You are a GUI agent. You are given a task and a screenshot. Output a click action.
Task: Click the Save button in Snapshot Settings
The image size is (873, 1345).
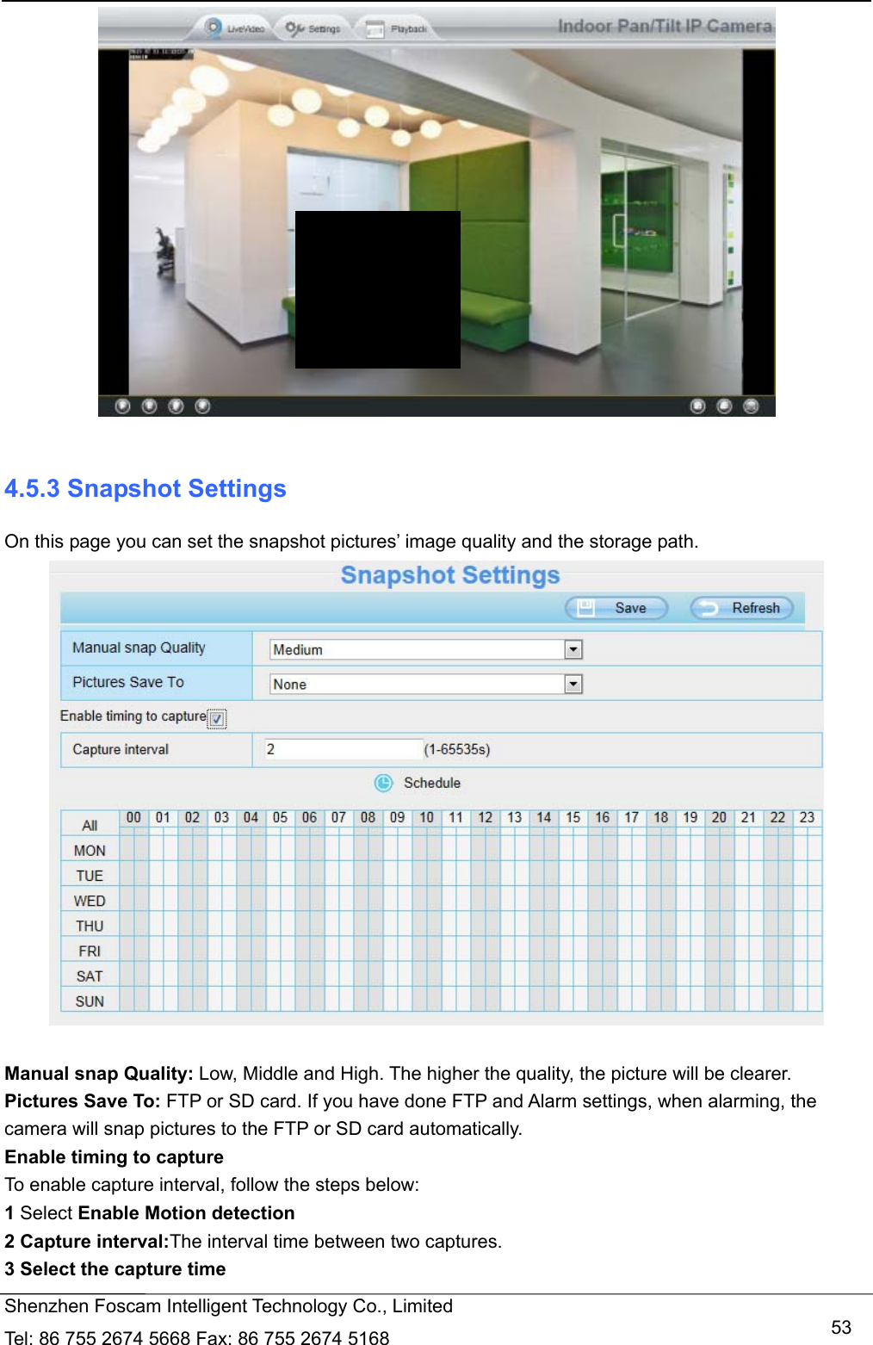click(616, 608)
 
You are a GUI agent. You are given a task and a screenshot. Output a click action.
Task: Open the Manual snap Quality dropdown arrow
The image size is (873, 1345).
click(573, 649)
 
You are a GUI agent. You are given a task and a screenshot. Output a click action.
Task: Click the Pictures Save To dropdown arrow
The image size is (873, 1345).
click(573, 684)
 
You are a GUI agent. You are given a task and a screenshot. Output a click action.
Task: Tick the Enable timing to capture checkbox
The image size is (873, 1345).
click(217, 719)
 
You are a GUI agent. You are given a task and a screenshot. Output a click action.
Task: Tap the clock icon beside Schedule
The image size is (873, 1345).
click(383, 783)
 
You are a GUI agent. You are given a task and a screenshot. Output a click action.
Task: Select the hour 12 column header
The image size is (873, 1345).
click(486, 817)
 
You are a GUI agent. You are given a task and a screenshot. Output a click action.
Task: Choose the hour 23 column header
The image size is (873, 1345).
click(807, 817)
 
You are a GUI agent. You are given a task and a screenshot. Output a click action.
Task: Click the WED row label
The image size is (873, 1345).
click(90, 901)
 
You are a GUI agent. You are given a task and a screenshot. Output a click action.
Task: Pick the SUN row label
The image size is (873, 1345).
click(90, 1001)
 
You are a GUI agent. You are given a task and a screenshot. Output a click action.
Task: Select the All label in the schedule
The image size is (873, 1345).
click(90, 825)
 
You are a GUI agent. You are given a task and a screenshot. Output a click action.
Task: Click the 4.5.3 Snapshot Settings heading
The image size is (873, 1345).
click(145, 489)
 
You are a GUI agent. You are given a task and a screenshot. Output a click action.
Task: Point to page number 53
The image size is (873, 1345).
click(841, 1327)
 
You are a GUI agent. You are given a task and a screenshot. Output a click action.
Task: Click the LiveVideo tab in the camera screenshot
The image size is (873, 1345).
click(236, 28)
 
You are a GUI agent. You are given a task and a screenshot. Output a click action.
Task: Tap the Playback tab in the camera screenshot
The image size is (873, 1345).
click(398, 29)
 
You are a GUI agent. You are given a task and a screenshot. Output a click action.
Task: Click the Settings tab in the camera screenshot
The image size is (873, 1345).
click(314, 28)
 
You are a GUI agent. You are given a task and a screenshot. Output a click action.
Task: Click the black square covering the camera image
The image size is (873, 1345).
click(377, 289)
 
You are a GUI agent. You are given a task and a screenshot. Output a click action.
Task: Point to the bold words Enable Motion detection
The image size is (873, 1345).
click(186, 1213)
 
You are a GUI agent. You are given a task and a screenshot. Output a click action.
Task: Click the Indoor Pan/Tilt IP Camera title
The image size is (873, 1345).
click(665, 26)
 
